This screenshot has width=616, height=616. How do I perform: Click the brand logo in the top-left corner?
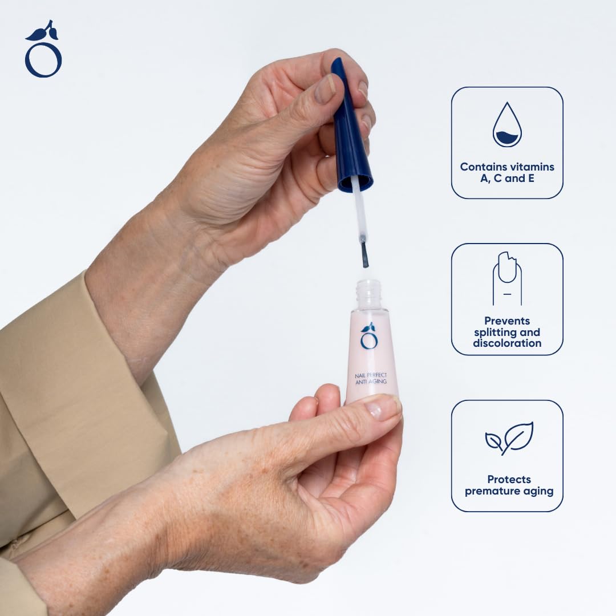43,50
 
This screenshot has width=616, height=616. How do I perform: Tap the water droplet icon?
507,125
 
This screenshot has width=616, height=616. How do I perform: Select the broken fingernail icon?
507,278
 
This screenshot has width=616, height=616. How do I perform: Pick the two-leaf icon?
509,438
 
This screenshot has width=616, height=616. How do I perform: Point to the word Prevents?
507,321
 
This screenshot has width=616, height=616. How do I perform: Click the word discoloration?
507,343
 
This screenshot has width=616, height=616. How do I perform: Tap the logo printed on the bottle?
369,335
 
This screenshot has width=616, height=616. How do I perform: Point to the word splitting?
495,333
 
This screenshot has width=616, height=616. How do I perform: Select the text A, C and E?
507,178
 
